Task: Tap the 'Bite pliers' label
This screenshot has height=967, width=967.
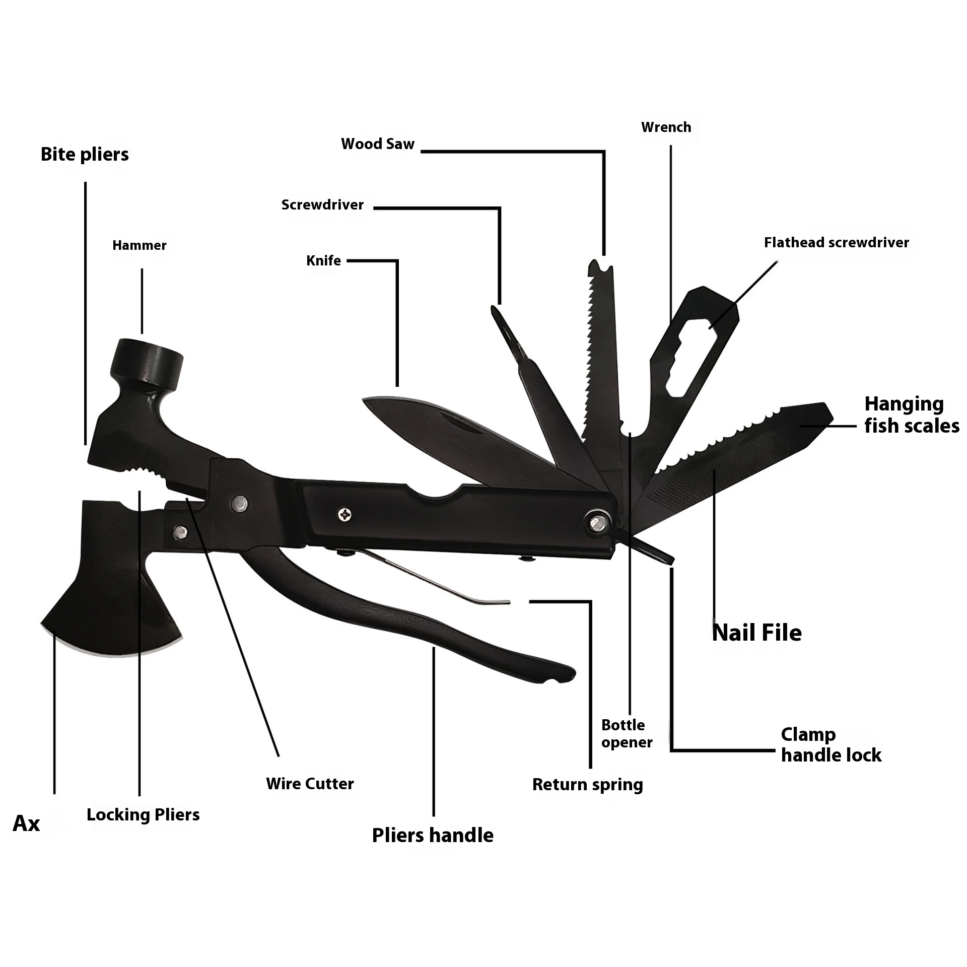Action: coord(85,155)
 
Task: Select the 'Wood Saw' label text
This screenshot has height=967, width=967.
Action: coord(378,144)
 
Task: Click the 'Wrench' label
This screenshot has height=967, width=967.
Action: coord(666,127)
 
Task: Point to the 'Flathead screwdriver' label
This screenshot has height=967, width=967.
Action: coord(836,243)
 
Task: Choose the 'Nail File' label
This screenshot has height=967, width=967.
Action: coord(756,633)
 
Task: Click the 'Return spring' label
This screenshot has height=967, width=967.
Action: coord(588,785)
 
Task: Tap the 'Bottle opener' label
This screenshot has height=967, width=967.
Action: coord(627,733)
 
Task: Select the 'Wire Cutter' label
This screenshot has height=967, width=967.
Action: coord(310,784)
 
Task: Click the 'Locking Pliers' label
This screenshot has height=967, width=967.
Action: coord(143,815)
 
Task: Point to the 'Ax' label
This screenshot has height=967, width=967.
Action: coord(26,823)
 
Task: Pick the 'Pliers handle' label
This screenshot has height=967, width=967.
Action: coord(433,836)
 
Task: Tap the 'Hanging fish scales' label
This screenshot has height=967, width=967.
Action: coord(912,415)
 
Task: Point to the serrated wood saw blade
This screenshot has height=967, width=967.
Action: coord(599,353)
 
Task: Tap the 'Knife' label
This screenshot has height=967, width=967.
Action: coord(323,261)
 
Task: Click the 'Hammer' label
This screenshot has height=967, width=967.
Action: coord(139,245)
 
